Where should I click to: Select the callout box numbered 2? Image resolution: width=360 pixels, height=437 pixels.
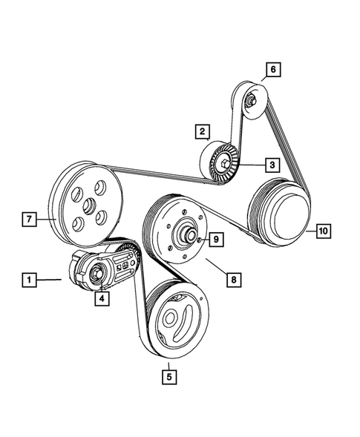(201, 133)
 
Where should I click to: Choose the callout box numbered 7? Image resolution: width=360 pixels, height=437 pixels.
(28, 220)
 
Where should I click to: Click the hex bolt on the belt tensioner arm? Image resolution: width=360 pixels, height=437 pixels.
(98, 275)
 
